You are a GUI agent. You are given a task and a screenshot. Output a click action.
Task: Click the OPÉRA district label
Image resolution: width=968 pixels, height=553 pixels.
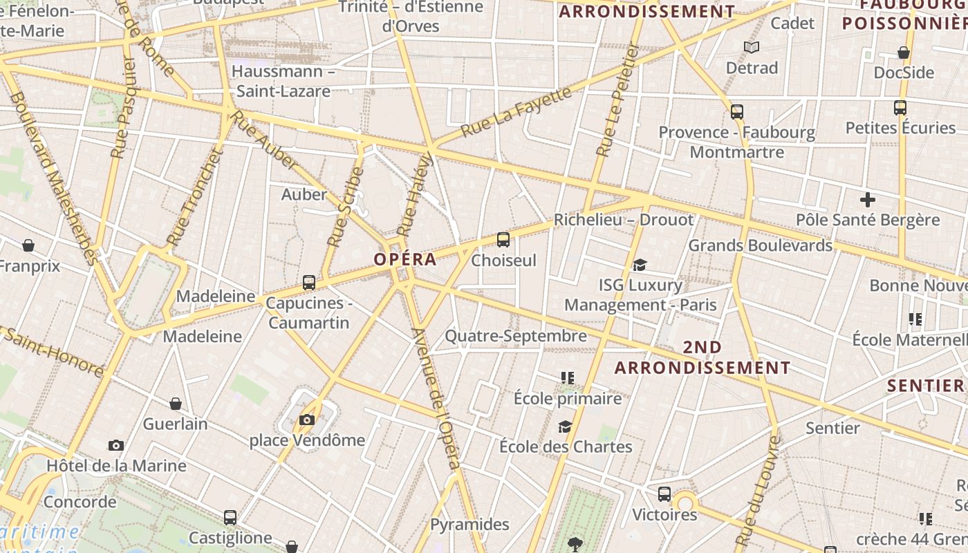click(405, 259)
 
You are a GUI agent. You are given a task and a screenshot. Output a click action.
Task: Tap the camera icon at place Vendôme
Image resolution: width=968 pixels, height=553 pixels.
click(307, 420)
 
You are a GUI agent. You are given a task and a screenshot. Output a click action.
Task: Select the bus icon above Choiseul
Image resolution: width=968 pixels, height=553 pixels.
click(503, 240)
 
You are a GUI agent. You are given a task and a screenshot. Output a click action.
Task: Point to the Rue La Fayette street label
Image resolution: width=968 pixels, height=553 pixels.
click(516, 111)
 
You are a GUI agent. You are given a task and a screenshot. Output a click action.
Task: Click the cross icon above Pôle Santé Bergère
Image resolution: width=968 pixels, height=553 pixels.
click(867, 200)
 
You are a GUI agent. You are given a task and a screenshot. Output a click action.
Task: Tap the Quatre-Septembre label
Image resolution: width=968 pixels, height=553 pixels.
click(515, 336)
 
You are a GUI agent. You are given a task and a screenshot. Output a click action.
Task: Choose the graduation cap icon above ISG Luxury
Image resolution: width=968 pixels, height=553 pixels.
click(640, 265)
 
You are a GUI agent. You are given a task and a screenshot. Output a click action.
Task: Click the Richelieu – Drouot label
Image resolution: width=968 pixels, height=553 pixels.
click(623, 220)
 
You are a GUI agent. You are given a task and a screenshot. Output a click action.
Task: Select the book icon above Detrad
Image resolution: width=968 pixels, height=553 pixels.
click(752, 47)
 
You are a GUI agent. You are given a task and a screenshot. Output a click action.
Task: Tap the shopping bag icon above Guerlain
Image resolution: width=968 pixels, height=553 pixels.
click(176, 404)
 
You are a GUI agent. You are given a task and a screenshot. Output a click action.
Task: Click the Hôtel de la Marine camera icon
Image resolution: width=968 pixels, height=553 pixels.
click(116, 446)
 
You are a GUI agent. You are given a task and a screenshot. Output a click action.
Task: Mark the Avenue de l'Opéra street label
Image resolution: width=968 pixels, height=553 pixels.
click(436, 399)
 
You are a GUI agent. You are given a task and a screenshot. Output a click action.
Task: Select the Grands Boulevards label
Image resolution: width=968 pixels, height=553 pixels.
click(760, 245)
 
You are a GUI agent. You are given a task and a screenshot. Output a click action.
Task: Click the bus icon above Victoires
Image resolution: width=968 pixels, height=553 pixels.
click(664, 494)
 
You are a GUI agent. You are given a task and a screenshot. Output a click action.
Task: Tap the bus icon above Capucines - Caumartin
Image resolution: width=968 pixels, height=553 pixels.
click(309, 283)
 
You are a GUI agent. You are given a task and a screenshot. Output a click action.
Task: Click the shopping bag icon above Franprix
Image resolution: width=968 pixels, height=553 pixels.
click(28, 245)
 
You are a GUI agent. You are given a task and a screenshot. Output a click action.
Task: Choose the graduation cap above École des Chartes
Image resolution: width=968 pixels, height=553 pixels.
click(566, 427)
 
